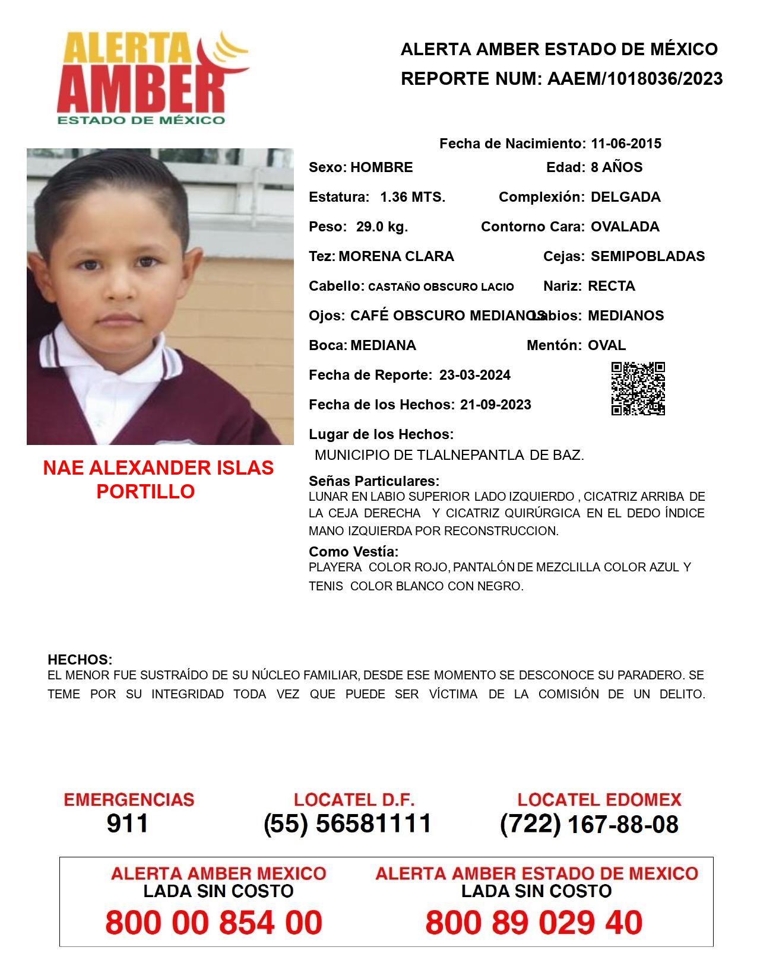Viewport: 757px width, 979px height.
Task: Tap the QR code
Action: point(638,389)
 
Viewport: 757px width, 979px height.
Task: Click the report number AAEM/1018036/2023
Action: point(635,78)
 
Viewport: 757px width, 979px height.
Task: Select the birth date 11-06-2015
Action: point(626,144)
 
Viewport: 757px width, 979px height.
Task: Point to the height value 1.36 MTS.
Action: point(413,197)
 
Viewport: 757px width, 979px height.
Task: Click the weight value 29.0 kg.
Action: point(382,227)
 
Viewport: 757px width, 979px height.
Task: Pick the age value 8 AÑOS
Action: point(616,167)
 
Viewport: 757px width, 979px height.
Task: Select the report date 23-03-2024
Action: point(475,375)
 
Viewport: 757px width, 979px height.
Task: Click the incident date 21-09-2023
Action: point(496,405)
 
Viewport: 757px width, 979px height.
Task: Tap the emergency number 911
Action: point(128,824)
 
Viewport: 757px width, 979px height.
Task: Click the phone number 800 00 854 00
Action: point(214,923)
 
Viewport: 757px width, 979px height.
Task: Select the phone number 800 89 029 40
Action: point(534,923)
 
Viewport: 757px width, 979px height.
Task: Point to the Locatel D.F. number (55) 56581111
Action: point(347,824)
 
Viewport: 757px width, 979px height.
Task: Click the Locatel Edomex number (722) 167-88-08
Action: point(589,824)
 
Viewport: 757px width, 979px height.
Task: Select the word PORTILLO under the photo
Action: point(145,491)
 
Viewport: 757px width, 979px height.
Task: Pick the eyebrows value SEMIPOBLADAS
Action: point(648,256)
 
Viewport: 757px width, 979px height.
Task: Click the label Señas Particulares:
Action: point(374,481)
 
